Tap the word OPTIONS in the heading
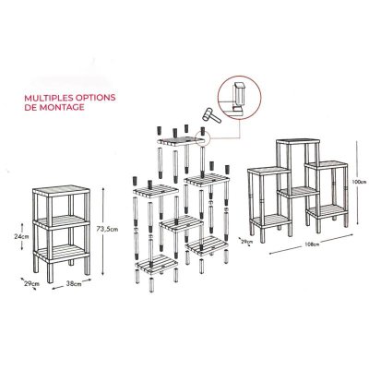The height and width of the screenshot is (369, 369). (95, 98)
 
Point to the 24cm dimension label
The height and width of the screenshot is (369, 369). (21, 236)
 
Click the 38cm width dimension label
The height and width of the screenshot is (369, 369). (74, 284)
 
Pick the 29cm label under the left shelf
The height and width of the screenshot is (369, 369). (32, 283)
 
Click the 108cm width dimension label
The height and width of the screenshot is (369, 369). (311, 245)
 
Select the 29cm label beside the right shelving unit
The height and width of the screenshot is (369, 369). (246, 242)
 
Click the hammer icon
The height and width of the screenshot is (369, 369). (211, 115)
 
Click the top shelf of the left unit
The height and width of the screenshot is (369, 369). (61, 191)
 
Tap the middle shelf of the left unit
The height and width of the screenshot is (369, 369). (61, 222)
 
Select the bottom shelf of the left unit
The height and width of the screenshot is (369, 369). (61, 254)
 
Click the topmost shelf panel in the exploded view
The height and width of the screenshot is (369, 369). (181, 141)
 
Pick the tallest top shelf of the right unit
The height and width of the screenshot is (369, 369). (298, 141)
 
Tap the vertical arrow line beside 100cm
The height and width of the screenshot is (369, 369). (357, 183)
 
